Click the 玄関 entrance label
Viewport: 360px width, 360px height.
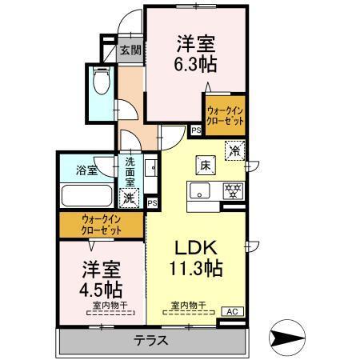point(130,50)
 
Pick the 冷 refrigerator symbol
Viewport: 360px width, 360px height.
point(234,149)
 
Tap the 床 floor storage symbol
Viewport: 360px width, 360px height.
point(204,166)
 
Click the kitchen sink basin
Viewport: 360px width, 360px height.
point(201,190)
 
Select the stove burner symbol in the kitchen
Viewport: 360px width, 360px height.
point(233,190)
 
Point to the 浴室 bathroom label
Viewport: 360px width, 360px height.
point(86,170)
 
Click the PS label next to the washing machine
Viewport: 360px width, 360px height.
point(152,203)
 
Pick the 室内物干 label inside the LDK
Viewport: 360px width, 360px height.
point(189,303)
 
